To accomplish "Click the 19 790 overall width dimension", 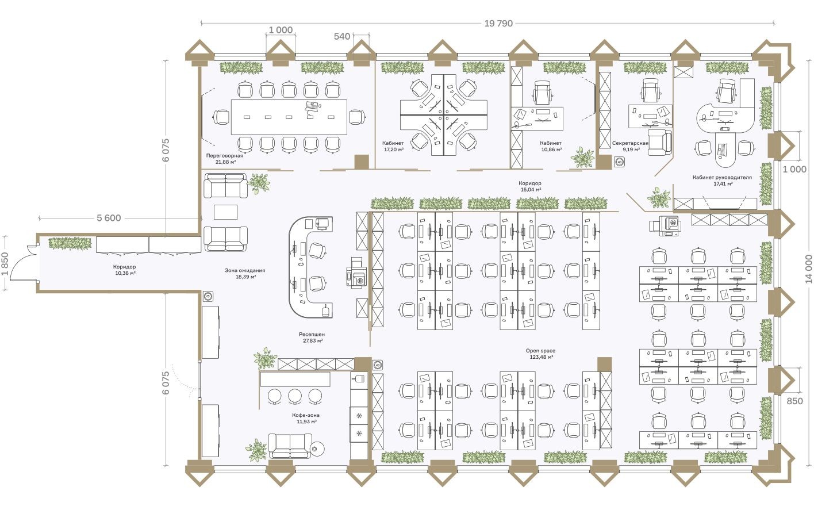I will [498, 24].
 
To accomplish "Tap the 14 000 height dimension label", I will [808, 269].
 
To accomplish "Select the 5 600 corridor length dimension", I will [109, 218].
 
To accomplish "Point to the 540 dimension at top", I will [341, 36].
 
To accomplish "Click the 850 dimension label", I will [794, 401].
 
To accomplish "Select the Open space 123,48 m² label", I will [540, 354].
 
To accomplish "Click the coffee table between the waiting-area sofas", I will [225, 212].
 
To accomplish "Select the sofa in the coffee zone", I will [290, 445].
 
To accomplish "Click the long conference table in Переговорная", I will [289, 117].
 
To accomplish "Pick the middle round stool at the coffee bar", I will [295, 396].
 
